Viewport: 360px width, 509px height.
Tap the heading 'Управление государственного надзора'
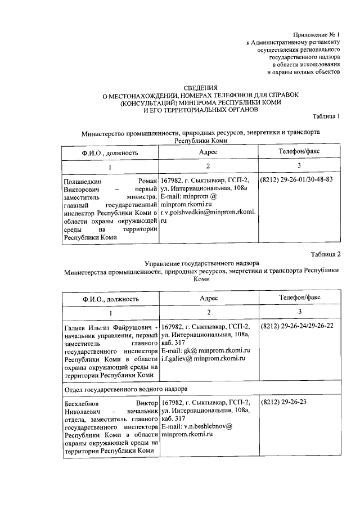coord(201,263)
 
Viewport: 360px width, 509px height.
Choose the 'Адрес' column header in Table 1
coord(208,152)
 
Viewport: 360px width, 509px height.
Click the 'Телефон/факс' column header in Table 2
coord(299,297)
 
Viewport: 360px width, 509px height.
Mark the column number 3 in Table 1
coord(299,165)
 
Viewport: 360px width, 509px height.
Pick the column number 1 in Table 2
coord(110,312)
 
